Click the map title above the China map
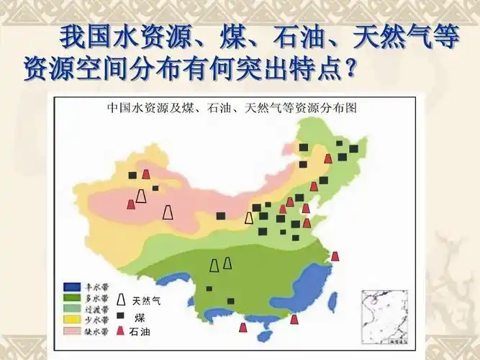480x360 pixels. point(232,109)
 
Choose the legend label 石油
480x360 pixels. point(140,331)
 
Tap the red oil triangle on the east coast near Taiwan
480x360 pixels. point(335,256)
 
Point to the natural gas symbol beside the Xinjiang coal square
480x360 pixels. point(142,196)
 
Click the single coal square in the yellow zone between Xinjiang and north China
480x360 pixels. point(221,215)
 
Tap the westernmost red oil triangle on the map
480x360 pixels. point(130,204)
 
